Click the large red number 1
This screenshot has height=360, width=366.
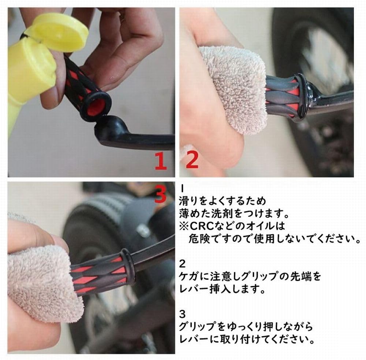[161, 160]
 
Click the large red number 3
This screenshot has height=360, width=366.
[161, 194]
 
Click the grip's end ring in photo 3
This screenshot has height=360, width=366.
[128, 266]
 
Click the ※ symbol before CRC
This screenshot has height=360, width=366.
[184, 226]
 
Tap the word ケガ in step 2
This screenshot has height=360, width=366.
[190, 277]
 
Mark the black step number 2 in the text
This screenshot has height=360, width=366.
[183, 264]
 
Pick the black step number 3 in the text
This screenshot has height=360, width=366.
[183, 314]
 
